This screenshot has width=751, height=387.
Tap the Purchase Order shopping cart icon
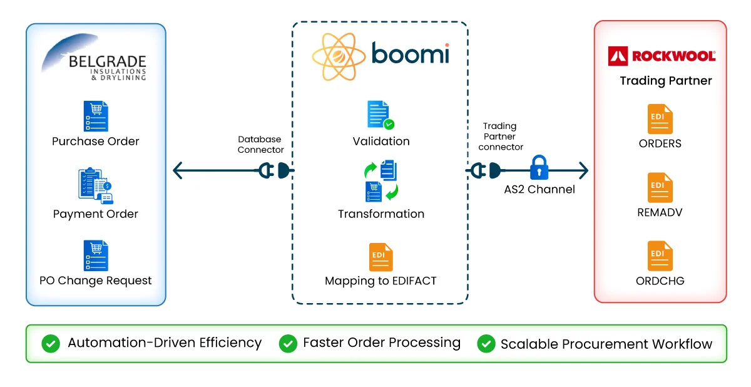(x=96, y=116)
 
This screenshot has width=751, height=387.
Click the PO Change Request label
(x=96, y=281)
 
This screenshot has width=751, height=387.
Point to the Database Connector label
(x=260, y=145)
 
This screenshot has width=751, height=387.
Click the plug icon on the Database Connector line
(x=276, y=170)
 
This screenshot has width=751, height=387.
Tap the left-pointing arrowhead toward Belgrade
(x=178, y=170)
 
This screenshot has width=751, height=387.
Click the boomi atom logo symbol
(x=338, y=56)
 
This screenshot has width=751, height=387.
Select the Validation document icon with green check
(x=381, y=115)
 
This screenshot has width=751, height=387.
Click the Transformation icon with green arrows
(x=381, y=182)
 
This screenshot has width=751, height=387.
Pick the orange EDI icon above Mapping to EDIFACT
(x=381, y=257)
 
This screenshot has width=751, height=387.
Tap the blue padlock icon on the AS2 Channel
(x=539, y=168)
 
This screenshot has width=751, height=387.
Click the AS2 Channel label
(x=539, y=190)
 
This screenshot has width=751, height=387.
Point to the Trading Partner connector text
(x=500, y=137)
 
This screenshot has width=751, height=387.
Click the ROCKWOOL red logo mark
(x=618, y=56)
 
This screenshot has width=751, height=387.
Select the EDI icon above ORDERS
(x=660, y=119)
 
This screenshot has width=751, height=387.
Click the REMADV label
(x=660, y=212)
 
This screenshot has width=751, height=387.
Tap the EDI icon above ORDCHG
(x=660, y=255)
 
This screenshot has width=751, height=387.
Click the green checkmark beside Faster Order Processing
(x=288, y=343)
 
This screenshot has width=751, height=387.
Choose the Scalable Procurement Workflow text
(x=606, y=344)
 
